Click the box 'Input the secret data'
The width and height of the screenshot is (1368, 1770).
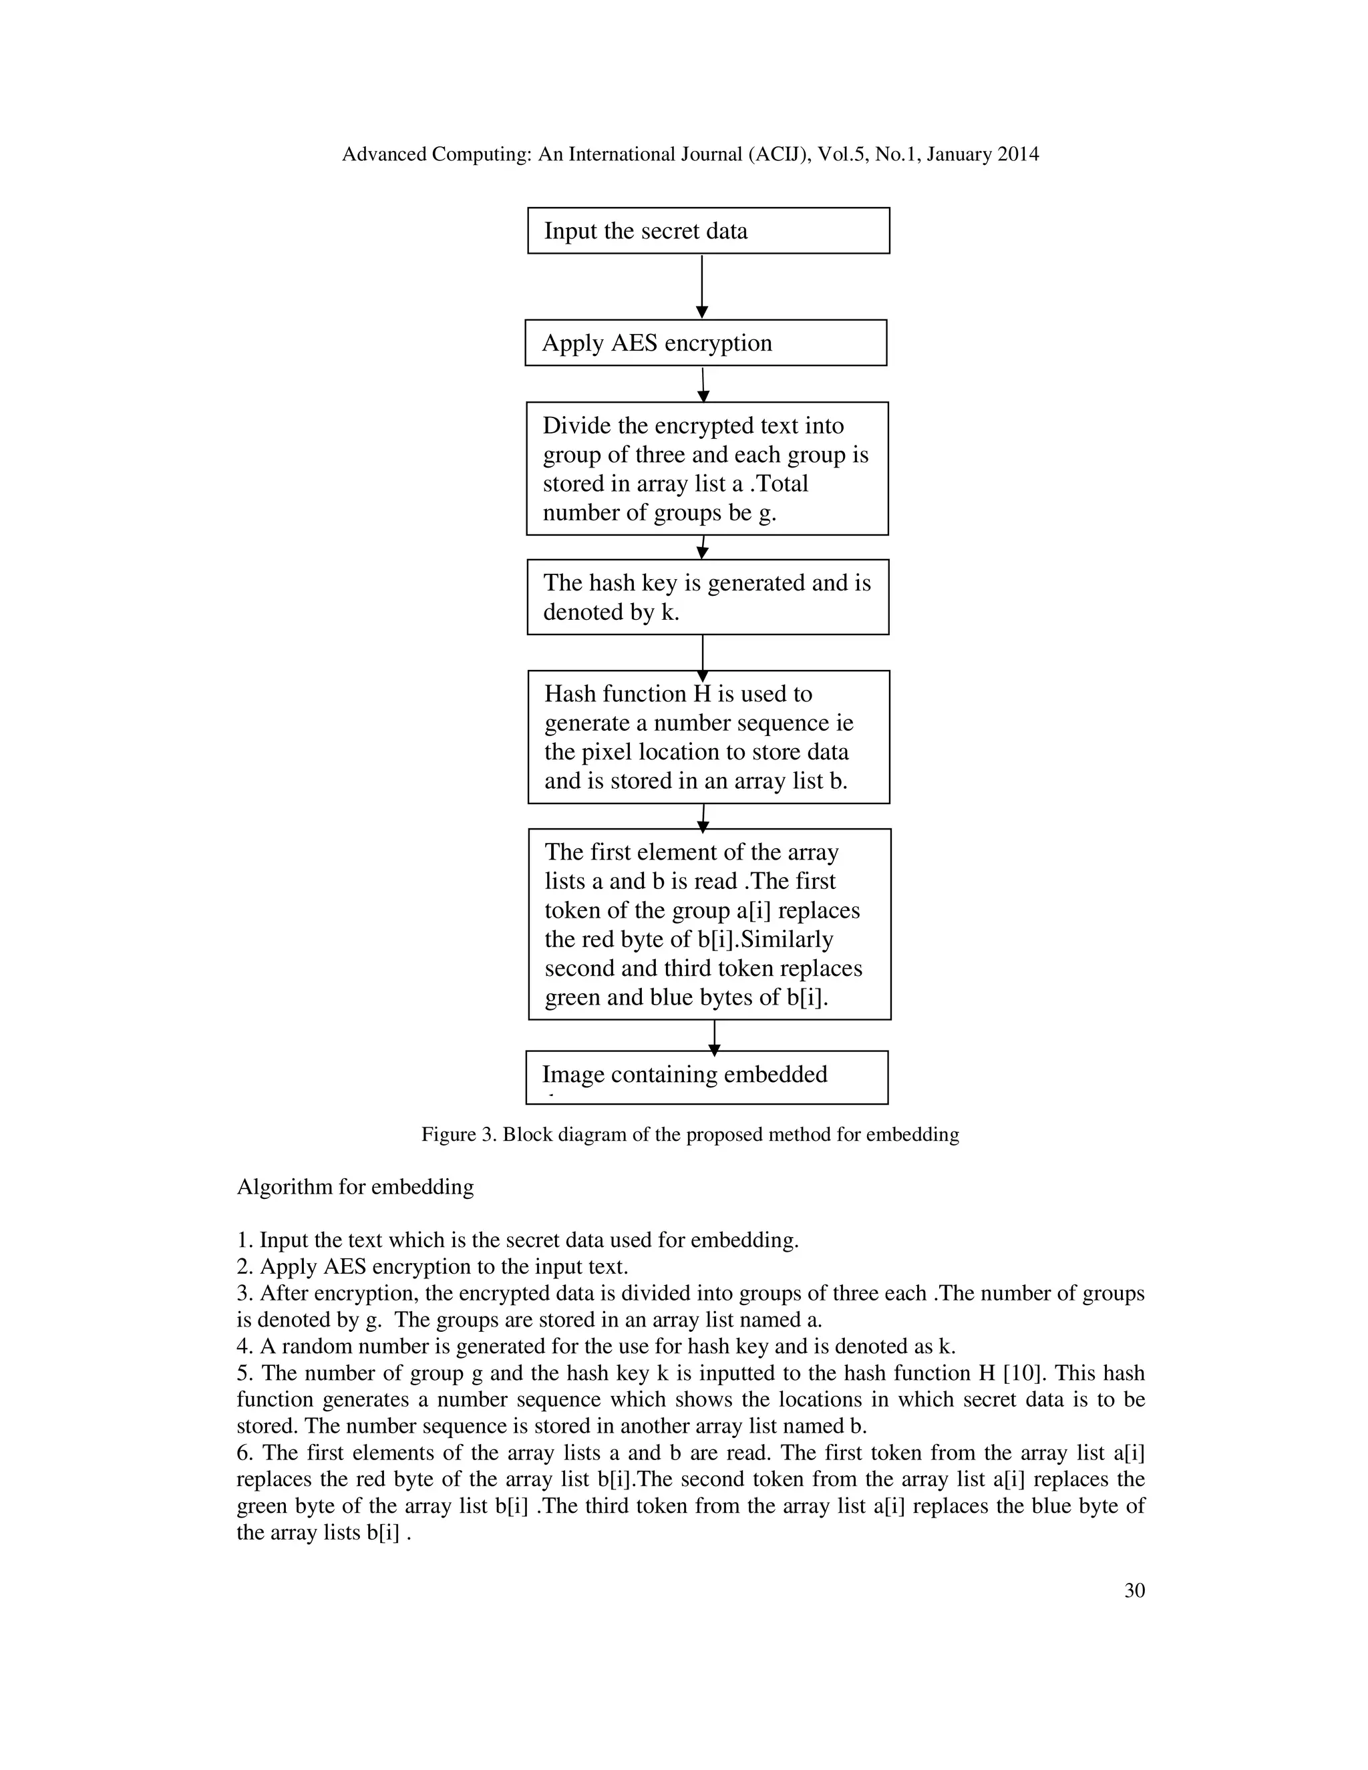coord(707,230)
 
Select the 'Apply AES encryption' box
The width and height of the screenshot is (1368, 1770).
coord(705,342)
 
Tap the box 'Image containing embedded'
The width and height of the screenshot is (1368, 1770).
coord(706,1076)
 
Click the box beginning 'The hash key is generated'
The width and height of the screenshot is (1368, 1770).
coord(707,596)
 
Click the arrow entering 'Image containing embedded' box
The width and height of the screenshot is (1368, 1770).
coord(714,1037)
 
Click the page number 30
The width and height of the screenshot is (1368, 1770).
coord(1134,1590)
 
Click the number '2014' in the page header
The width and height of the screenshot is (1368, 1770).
coord(1018,154)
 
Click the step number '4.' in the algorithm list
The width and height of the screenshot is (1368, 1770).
coord(244,1346)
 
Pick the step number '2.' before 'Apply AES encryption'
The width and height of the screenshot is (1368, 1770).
coord(244,1266)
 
